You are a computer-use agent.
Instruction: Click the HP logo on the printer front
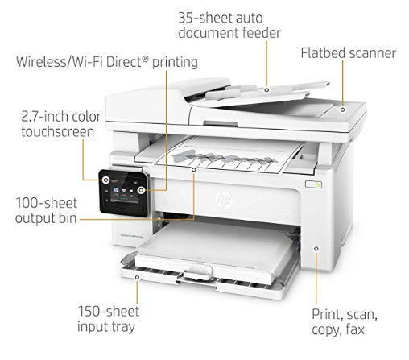(224, 199)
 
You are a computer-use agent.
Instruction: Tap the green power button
(317, 184)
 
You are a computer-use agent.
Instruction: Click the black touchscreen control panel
(124, 192)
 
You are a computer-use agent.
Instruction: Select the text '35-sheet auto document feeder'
(229, 26)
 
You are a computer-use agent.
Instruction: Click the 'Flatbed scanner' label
(348, 53)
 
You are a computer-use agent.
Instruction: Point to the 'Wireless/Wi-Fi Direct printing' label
(107, 62)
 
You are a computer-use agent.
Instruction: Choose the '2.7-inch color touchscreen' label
(61, 124)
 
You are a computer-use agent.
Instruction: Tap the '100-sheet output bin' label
(46, 210)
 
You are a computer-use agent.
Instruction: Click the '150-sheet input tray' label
(108, 319)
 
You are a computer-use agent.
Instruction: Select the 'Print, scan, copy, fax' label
(345, 321)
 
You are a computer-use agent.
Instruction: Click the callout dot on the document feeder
(266, 90)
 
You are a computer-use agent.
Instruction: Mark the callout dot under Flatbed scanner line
(342, 110)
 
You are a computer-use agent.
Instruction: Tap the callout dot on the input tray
(137, 277)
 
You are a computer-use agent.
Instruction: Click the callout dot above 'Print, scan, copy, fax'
(316, 249)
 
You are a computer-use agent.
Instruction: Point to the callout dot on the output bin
(194, 169)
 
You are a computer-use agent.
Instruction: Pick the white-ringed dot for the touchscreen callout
(106, 180)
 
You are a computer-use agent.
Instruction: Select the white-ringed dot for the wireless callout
(141, 190)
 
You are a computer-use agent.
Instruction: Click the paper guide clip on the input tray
(198, 271)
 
